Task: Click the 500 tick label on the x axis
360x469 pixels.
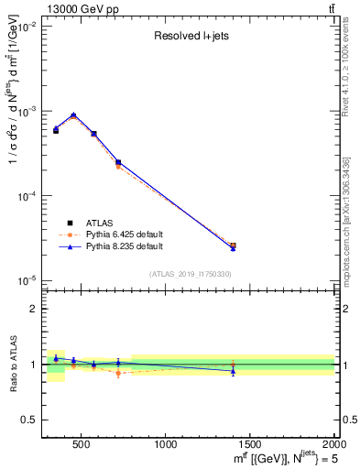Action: (81, 445)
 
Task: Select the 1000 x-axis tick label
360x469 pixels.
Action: (166, 445)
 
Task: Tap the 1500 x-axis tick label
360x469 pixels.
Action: (250, 445)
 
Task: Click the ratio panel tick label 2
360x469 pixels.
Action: (32, 309)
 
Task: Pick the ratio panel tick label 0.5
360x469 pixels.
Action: (28, 420)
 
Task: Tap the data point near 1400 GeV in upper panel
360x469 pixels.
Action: (233, 246)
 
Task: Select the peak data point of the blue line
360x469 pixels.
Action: (73, 115)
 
